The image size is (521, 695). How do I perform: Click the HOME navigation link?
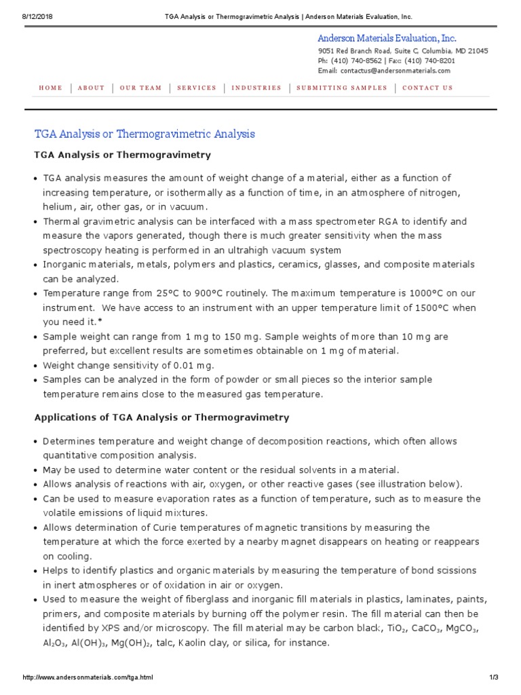coord(50,88)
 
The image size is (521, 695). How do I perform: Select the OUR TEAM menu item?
coord(141,88)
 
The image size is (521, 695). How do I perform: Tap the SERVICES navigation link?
coord(197,88)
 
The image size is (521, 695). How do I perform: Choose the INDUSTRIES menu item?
coord(256,88)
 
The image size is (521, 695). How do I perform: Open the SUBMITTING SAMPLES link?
coord(342,88)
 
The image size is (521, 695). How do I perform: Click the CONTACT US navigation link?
coord(427,88)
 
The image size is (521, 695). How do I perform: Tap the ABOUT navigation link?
coord(91,88)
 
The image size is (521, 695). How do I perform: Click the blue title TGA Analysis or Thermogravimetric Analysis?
coord(144,134)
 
